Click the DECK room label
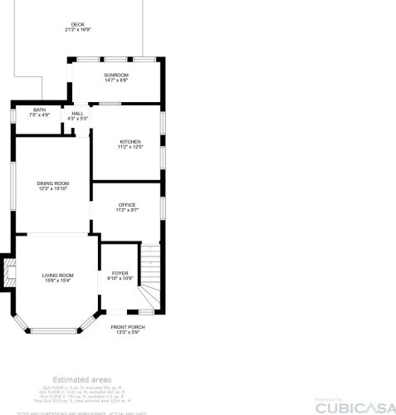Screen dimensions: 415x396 pyautogui.click(x=78, y=25)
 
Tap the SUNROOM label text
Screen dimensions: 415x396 pyautogui.click(x=115, y=75)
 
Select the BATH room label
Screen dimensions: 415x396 pyautogui.click(x=40, y=110)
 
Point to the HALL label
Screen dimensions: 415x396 pyautogui.click(x=77, y=114)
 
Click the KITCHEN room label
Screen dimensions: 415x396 pyautogui.click(x=130, y=142)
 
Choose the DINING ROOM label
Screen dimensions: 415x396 pyautogui.click(x=52, y=183)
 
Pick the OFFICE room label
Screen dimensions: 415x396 pyautogui.click(x=127, y=205)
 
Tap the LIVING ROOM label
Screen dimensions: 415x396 pyautogui.click(x=58, y=275)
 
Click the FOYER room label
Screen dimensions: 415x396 pyautogui.click(x=120, y=272)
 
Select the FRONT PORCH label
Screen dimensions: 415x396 pyautogui.click(x=128, y=327)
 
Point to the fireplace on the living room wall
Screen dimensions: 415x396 pyautogui.click(x=9, y=273)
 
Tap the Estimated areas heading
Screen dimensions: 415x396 pyautogui.click(x=81, y=378)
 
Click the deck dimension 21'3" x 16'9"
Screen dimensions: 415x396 pyautogui.click(x=78, y=30)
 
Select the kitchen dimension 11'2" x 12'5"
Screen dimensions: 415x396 pyautogui.click(x=130, y=147)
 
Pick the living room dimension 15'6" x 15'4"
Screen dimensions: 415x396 pyautogui.click(x=58, y=281)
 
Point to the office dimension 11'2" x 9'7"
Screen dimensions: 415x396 pyautogui.click(x=127, y=210)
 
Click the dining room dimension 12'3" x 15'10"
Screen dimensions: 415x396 pyautogui.click(x=52, y=188)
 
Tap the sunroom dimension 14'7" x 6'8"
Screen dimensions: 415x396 pyautogui.click(x=115, y=81)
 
